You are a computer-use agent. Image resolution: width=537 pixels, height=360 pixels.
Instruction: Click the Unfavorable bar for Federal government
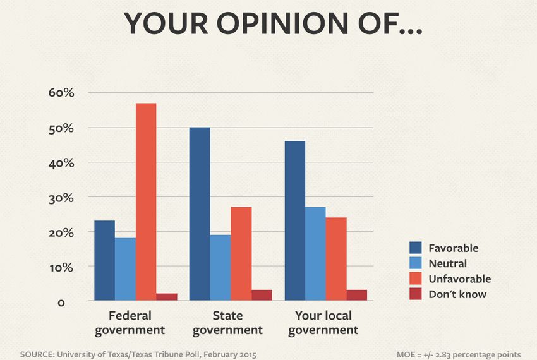tap(146, 201)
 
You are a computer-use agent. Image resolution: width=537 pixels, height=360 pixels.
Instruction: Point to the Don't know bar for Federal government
tap(167, 296)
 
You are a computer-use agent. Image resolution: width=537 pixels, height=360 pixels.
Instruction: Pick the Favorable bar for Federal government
tap(104, 260)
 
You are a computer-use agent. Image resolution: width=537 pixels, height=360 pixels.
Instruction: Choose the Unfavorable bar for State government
tap(241, 253)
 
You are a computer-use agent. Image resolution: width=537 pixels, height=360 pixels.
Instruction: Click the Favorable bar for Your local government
tap(295, 220)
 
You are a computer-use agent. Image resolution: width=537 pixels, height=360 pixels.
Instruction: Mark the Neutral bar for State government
tap(220, 267)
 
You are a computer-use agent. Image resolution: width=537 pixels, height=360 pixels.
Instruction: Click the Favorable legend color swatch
tap(415, 248)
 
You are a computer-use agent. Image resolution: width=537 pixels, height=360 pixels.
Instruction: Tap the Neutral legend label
tap(447, 263)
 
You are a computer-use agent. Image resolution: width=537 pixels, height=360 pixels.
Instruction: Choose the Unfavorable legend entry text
tap(459, 279)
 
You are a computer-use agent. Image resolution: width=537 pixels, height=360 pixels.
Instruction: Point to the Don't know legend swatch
tap(415, 294)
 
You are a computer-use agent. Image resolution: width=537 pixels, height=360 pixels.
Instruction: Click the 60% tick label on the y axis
tap(62, 93)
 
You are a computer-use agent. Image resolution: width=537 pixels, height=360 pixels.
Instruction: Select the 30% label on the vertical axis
tap(62, 198)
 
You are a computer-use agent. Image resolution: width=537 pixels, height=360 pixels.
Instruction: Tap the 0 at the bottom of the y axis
tap(61, 303)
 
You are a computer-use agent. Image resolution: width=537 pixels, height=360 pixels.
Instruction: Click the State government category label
tap(227, 322)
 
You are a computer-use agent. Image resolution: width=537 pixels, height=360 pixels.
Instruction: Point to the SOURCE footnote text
tap(138, 354)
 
